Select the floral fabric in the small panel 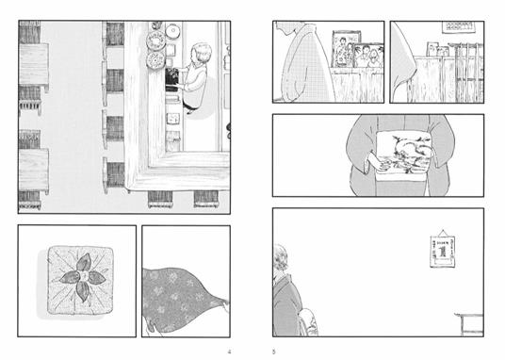click(x=185, y=300)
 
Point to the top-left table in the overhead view click(x=33, y=66)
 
